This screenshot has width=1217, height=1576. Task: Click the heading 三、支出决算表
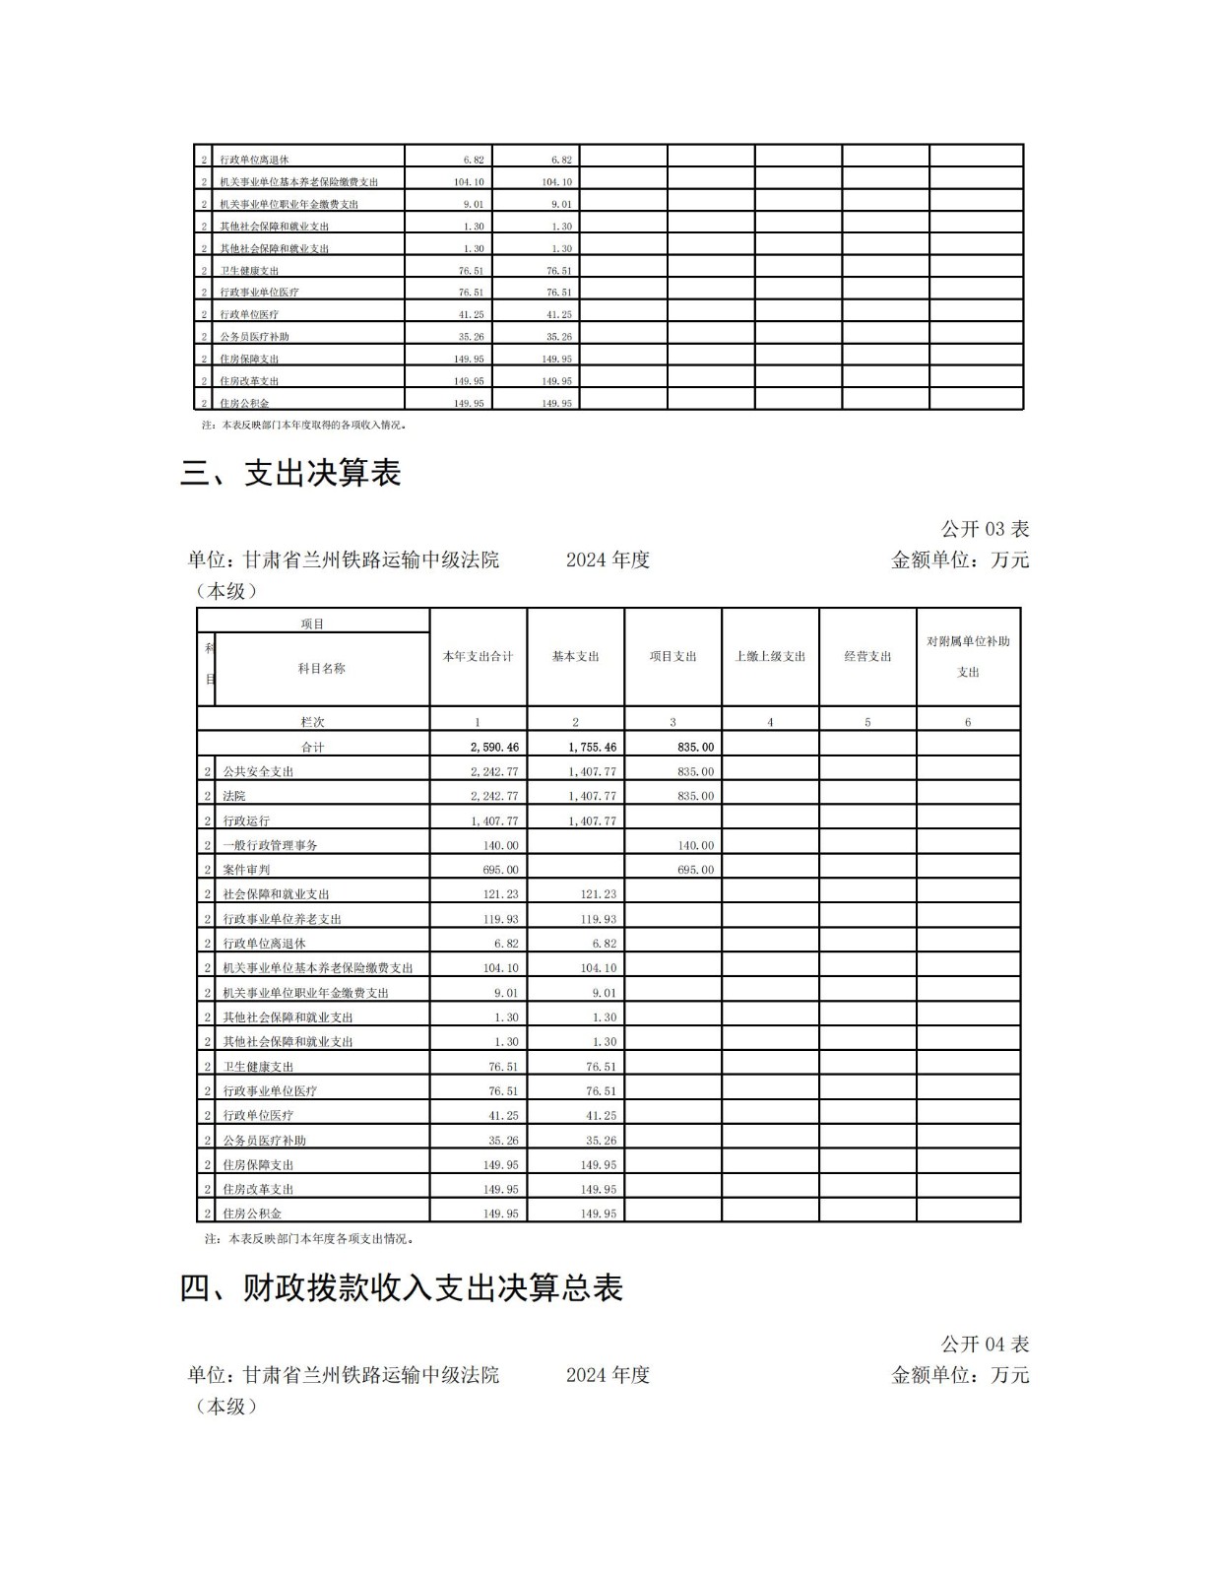(290, 474)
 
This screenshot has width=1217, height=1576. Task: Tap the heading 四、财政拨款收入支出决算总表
(401, 1287)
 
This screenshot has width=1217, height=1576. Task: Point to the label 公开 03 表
(985, 529)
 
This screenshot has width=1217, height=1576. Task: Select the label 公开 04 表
(985, 1344)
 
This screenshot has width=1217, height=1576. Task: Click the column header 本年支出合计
(478, 656)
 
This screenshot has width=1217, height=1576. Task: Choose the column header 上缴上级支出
(770, 656)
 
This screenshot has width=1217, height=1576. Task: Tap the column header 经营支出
(867, 656)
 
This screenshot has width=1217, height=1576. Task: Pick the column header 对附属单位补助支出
(968, 656)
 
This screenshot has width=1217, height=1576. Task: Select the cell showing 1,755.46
(592, 748)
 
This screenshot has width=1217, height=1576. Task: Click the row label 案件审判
(246, 870)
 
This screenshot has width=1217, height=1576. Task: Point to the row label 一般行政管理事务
(270, 845)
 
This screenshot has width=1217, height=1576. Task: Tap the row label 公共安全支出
(258, 771)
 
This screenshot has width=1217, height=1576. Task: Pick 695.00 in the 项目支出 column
(695, 870)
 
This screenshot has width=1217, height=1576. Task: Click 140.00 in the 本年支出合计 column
(500, 845)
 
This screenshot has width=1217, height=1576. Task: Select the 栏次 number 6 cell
(968, 722)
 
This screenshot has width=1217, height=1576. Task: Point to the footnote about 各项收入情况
(304, 426)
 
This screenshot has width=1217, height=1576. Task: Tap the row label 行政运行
(246, 821)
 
